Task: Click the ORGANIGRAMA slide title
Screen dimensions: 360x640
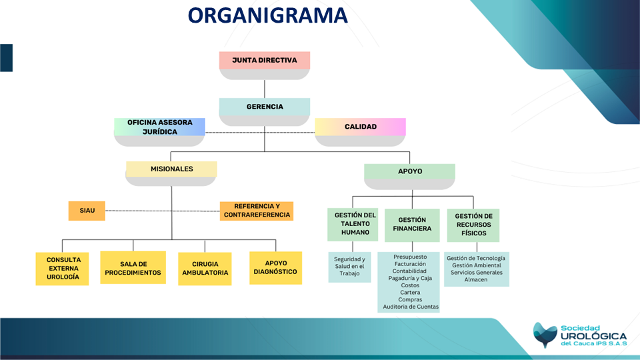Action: (267, 15)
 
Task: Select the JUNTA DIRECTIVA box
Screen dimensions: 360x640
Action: (265, 61)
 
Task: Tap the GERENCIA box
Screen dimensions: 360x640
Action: (265, 107)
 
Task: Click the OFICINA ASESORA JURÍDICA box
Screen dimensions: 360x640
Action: (160, 127)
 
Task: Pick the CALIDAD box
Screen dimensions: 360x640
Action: (360, 127)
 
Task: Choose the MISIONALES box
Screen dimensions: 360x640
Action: (171, 169)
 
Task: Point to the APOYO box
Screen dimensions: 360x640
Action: (409, 171)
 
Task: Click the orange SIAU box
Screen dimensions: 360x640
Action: (87, 211)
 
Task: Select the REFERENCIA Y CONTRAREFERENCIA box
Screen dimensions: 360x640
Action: (257, 211)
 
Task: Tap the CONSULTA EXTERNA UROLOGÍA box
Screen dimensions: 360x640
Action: (63, 268)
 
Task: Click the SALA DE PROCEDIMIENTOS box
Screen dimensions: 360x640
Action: (133, 268)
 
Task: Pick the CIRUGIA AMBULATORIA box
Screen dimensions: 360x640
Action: (205, 268)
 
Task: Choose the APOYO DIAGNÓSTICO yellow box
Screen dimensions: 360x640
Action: (275, 267)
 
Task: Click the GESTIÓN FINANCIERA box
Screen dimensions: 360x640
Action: (412, 225)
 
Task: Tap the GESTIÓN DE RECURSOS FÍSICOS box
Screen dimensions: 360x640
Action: (473, 225)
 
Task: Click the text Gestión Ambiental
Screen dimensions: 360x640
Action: (476, 265)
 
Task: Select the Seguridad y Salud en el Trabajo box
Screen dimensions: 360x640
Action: (349, 266)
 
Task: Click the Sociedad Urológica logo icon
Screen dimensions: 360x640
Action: (545, 335)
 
